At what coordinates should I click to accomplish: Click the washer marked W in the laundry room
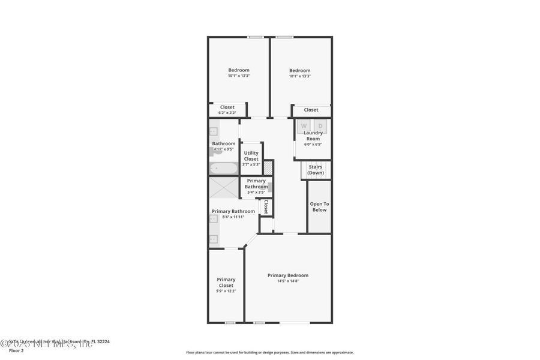304,126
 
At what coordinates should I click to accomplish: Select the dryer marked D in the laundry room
320,126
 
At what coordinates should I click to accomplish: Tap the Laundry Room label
313,136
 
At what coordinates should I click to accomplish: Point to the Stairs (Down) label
316,170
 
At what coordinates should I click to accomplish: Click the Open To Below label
319,207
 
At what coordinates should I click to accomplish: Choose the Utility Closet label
251,156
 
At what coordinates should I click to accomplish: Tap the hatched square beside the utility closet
269,168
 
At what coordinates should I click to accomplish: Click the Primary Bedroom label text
288,275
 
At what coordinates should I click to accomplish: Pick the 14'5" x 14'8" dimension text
288,281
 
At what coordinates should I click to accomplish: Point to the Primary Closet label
226,282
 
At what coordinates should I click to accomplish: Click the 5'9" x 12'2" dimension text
226,291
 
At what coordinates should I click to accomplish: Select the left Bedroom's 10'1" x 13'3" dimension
238,76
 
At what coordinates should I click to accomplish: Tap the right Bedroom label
299,70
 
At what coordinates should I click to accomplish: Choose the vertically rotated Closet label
266,207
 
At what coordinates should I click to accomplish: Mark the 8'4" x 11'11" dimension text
233,217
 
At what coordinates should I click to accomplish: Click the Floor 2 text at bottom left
16,350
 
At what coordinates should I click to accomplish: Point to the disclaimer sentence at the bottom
270,353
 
